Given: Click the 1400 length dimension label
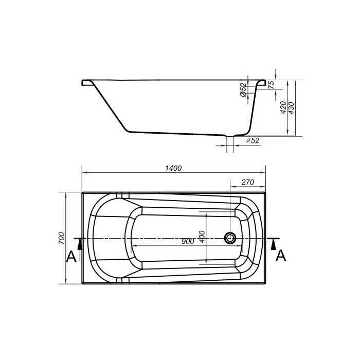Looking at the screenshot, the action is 173,168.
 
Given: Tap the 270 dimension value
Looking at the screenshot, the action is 248,182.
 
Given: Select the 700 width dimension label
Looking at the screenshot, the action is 62,238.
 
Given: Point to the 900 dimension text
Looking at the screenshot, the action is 188,242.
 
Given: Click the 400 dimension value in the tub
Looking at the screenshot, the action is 202,237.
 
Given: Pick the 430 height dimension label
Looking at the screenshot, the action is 291,109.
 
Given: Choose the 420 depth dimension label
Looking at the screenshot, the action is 283,107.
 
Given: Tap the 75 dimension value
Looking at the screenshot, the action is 272,85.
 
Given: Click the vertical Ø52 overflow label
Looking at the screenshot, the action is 243,90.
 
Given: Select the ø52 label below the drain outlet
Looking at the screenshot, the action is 253,140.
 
